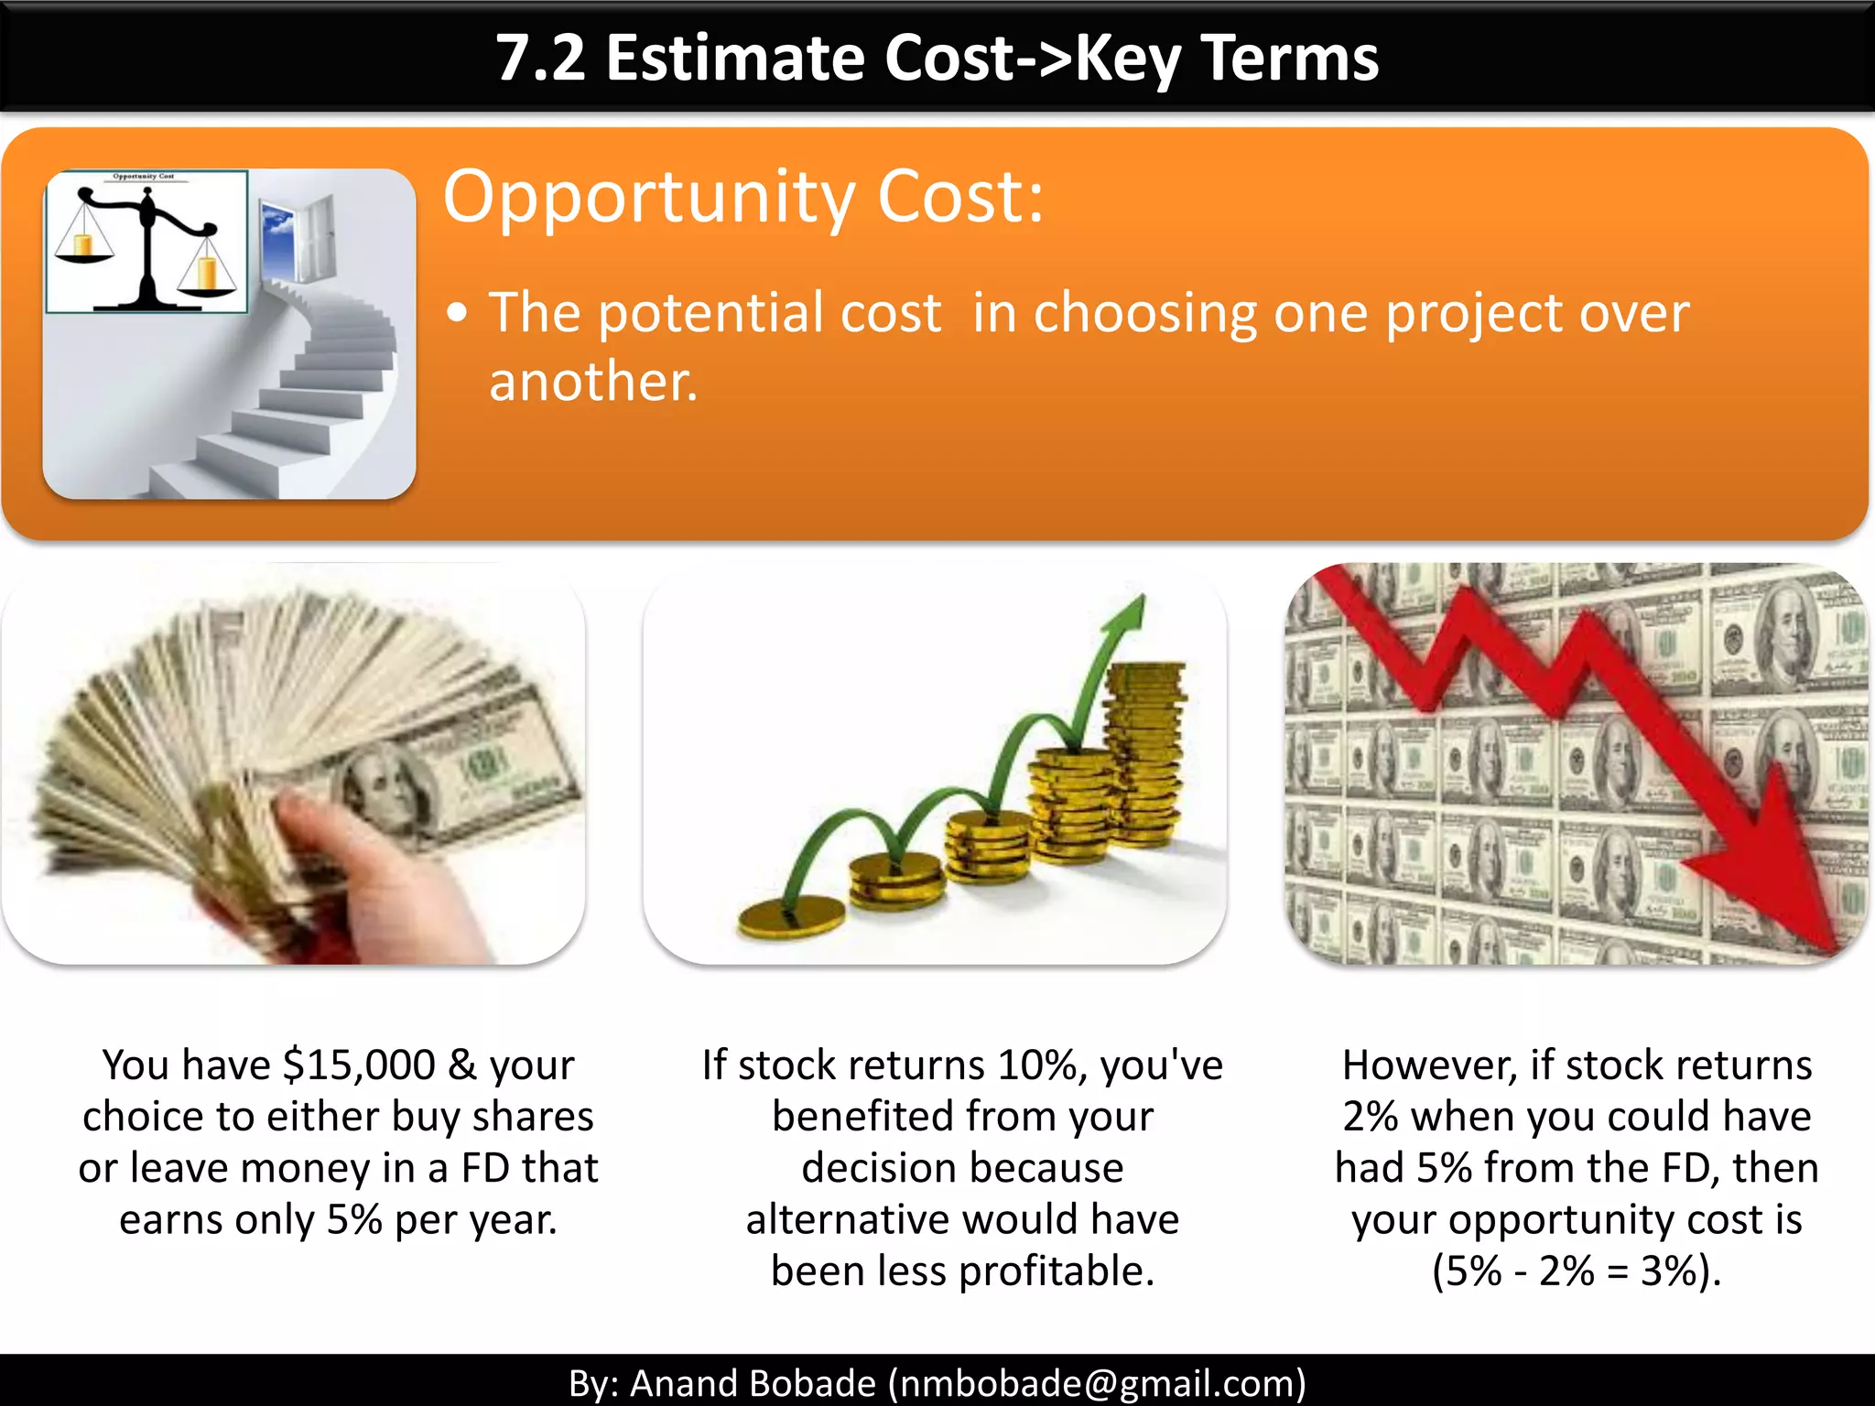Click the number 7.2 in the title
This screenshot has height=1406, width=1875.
tap(540, 59)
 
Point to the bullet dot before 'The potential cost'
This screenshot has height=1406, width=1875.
tap(458, 314)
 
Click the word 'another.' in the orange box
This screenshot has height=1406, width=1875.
tap(593, 382)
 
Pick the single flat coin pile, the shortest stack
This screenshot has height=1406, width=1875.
tap(792, 918)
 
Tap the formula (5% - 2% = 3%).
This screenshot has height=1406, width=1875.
tap(1577, 1271)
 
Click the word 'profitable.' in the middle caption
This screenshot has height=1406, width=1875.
tap(1057, 1271)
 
